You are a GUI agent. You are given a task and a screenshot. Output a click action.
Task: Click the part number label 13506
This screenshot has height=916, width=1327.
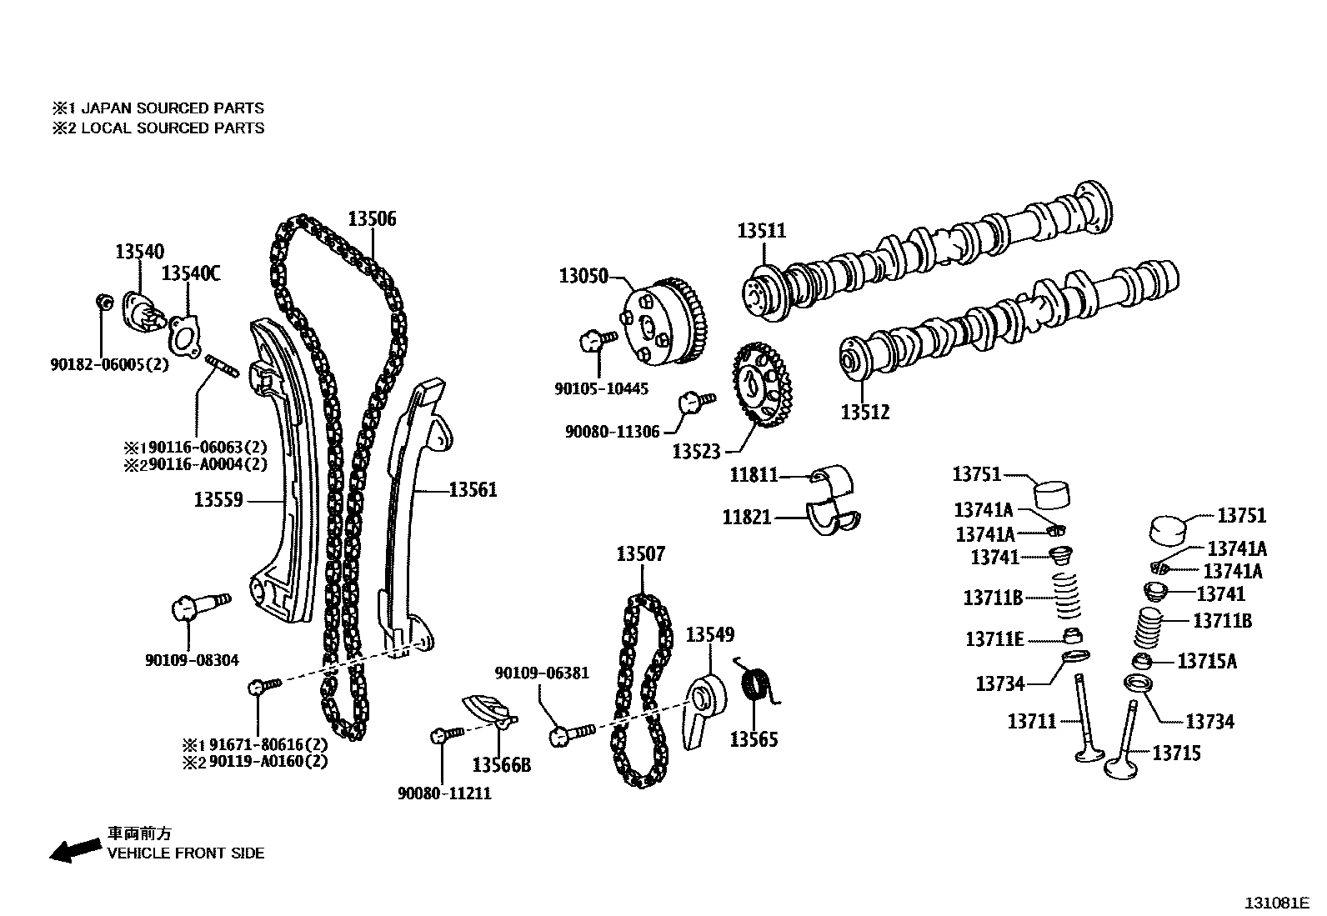pos(372,219)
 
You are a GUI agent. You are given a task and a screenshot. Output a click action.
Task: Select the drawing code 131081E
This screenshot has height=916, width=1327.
pos(1277,903)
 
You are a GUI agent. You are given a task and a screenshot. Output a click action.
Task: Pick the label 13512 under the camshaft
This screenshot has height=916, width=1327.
pos(864,412)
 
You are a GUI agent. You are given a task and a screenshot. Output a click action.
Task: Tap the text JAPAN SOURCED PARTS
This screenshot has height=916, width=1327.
pos(172,108)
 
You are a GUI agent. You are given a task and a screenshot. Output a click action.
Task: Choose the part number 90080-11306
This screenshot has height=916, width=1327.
pos(612,432)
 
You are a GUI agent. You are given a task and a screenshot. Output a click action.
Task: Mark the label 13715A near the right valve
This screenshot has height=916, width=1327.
pos(1206,662)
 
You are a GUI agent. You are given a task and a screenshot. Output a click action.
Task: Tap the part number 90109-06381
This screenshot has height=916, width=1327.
pos(542,673)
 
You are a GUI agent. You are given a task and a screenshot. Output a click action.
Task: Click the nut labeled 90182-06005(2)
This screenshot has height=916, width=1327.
pos(104,301)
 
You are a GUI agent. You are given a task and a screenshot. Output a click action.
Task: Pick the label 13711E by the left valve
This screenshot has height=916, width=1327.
pos(994,639)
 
